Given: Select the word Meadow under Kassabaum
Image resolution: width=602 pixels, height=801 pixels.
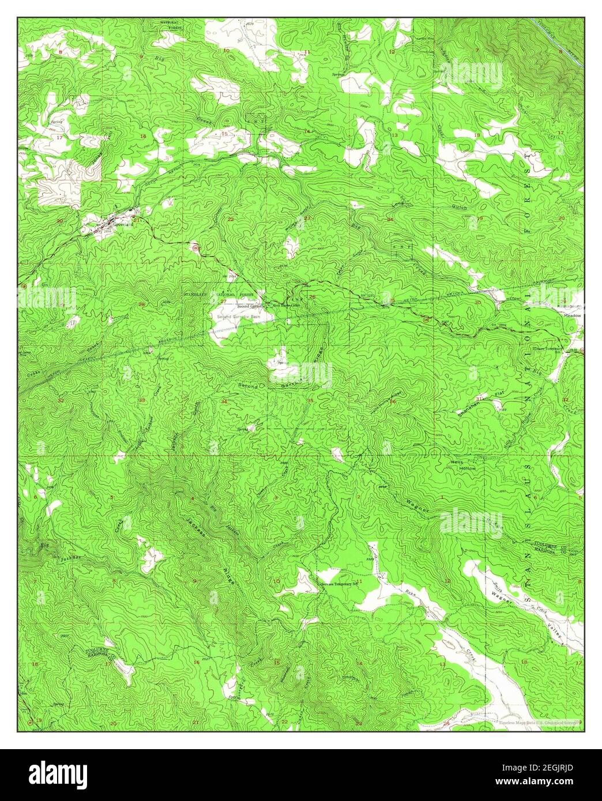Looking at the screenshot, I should click(573, 316).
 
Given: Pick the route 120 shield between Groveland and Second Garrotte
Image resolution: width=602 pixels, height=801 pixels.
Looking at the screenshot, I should click(196, 247).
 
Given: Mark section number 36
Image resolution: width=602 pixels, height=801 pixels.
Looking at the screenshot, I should click(393, 402).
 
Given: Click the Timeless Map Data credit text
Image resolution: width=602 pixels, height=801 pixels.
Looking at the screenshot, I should click(532, 721).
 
